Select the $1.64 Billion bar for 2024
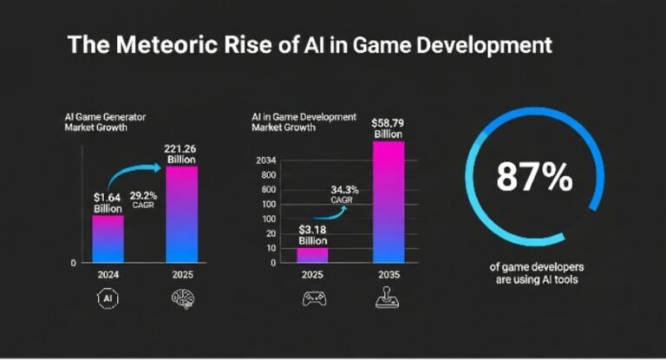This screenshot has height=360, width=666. [108, 239]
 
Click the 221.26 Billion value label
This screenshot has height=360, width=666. [181, 153]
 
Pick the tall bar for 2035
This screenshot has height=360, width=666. [388, 201]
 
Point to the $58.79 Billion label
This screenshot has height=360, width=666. [388, 128]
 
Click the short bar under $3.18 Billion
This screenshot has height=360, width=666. [312, 255]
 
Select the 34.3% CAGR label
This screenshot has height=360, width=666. [345, 193]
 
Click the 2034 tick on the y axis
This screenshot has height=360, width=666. [266, 160]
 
